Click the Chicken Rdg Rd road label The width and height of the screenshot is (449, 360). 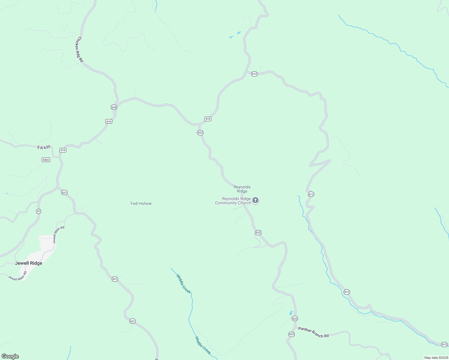(x=80, y=49)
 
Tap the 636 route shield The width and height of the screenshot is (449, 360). (x=114, y=107)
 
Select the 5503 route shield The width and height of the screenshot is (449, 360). (x=46, y=160)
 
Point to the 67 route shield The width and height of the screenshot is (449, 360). (x=38, y=211)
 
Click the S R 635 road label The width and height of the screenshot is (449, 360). (x=44, y=147)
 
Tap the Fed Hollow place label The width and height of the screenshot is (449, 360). (x=141, y=203)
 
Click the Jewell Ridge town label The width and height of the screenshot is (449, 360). (x=29, y=263)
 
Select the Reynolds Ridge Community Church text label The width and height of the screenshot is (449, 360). (x=233, y=201)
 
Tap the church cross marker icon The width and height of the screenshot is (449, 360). (x=255, y=200)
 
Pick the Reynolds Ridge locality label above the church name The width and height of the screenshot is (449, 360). (x=242, y=189)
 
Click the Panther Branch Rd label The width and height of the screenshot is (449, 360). (x=313, y=332)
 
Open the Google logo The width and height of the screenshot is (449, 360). (x=10, y=356)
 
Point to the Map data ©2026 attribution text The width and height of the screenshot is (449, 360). (x=436, y=358)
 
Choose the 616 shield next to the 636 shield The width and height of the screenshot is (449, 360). (x=109, y=121)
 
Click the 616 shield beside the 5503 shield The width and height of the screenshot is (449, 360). (x=63, y=150)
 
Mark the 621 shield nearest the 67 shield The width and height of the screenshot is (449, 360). (x=64, y=192)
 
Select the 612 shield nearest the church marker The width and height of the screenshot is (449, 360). (x=311, y=194)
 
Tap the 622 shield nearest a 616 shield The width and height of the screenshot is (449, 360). (x=200, y=133)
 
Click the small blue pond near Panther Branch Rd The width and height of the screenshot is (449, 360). (x=291, y=313)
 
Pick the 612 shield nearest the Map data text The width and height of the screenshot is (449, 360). (x=444, y=344)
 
